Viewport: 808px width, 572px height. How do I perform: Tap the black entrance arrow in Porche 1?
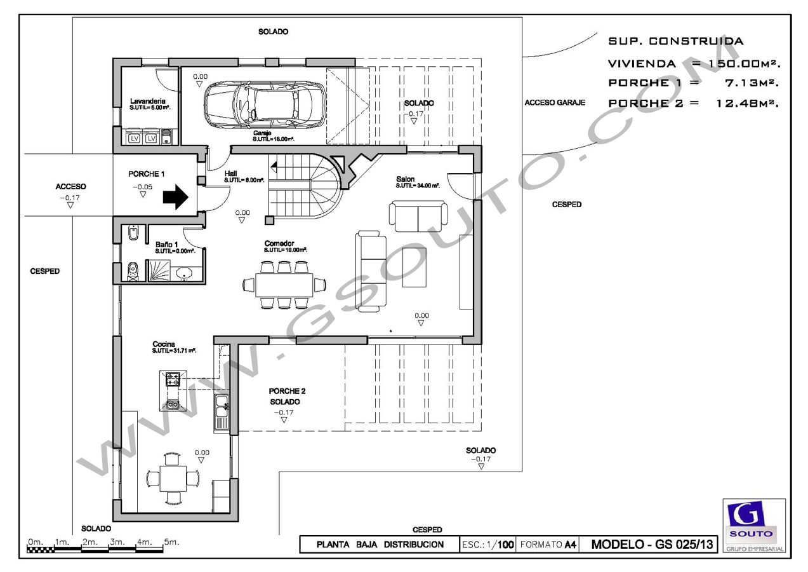(175, 197)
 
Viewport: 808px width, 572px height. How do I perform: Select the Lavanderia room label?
(148, 101)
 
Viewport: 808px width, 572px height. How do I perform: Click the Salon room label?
(406, 179)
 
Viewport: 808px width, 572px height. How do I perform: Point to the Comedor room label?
(279, 243)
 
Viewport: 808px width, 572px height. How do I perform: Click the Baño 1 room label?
(166, 244)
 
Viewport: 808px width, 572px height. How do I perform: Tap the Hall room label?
(230, 173)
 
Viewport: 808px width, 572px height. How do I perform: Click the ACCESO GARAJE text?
(555, 102)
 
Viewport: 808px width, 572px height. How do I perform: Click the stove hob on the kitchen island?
(173, 380)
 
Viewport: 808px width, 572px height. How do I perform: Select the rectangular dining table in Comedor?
(284, 284)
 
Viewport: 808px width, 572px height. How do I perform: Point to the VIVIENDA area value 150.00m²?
(749, 64)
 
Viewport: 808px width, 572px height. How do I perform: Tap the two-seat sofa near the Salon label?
(417, 217)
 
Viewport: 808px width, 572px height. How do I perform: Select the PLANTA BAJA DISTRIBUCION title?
(380, 545)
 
